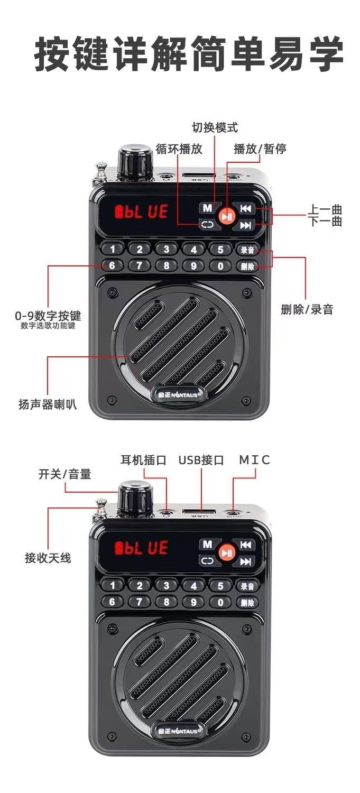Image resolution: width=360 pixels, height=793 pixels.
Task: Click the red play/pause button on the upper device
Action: [226, 216]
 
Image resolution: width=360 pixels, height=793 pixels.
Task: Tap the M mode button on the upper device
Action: [207, 208]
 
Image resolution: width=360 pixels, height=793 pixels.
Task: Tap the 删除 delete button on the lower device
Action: [247, 602]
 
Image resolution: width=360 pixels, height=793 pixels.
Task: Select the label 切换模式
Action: [215, 127]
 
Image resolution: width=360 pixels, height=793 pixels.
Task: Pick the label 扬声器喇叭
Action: [48, 405]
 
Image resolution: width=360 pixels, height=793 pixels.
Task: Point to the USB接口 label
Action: [201, 460]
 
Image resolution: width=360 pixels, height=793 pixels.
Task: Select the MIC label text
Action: [254, 460]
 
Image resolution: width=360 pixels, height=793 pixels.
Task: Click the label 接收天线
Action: [48, 558]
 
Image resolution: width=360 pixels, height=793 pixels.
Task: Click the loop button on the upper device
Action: [207, 225]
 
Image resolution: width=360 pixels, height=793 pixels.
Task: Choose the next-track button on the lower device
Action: [245, 561]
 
